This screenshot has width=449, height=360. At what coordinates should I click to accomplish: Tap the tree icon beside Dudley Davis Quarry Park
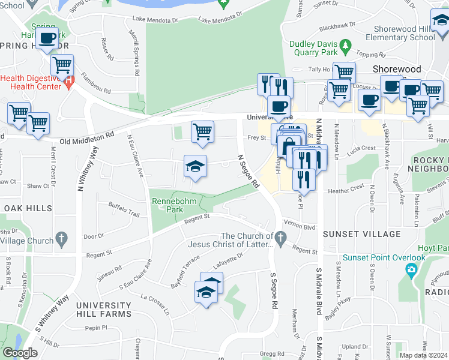345,44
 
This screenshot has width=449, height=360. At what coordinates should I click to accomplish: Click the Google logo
20,353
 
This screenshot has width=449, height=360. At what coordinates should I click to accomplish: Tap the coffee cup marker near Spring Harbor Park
47,39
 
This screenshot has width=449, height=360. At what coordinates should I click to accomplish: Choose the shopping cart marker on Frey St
202,131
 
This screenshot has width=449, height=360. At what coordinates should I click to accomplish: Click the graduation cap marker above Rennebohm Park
195,166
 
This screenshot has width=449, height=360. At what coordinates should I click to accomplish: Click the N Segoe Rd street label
247,171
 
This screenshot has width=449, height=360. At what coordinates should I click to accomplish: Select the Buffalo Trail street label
123,210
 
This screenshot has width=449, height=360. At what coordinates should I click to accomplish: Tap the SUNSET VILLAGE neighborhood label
361,233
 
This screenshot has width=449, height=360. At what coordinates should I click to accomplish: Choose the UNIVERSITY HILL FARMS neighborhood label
103,309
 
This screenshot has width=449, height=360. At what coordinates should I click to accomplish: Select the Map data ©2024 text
424,355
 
